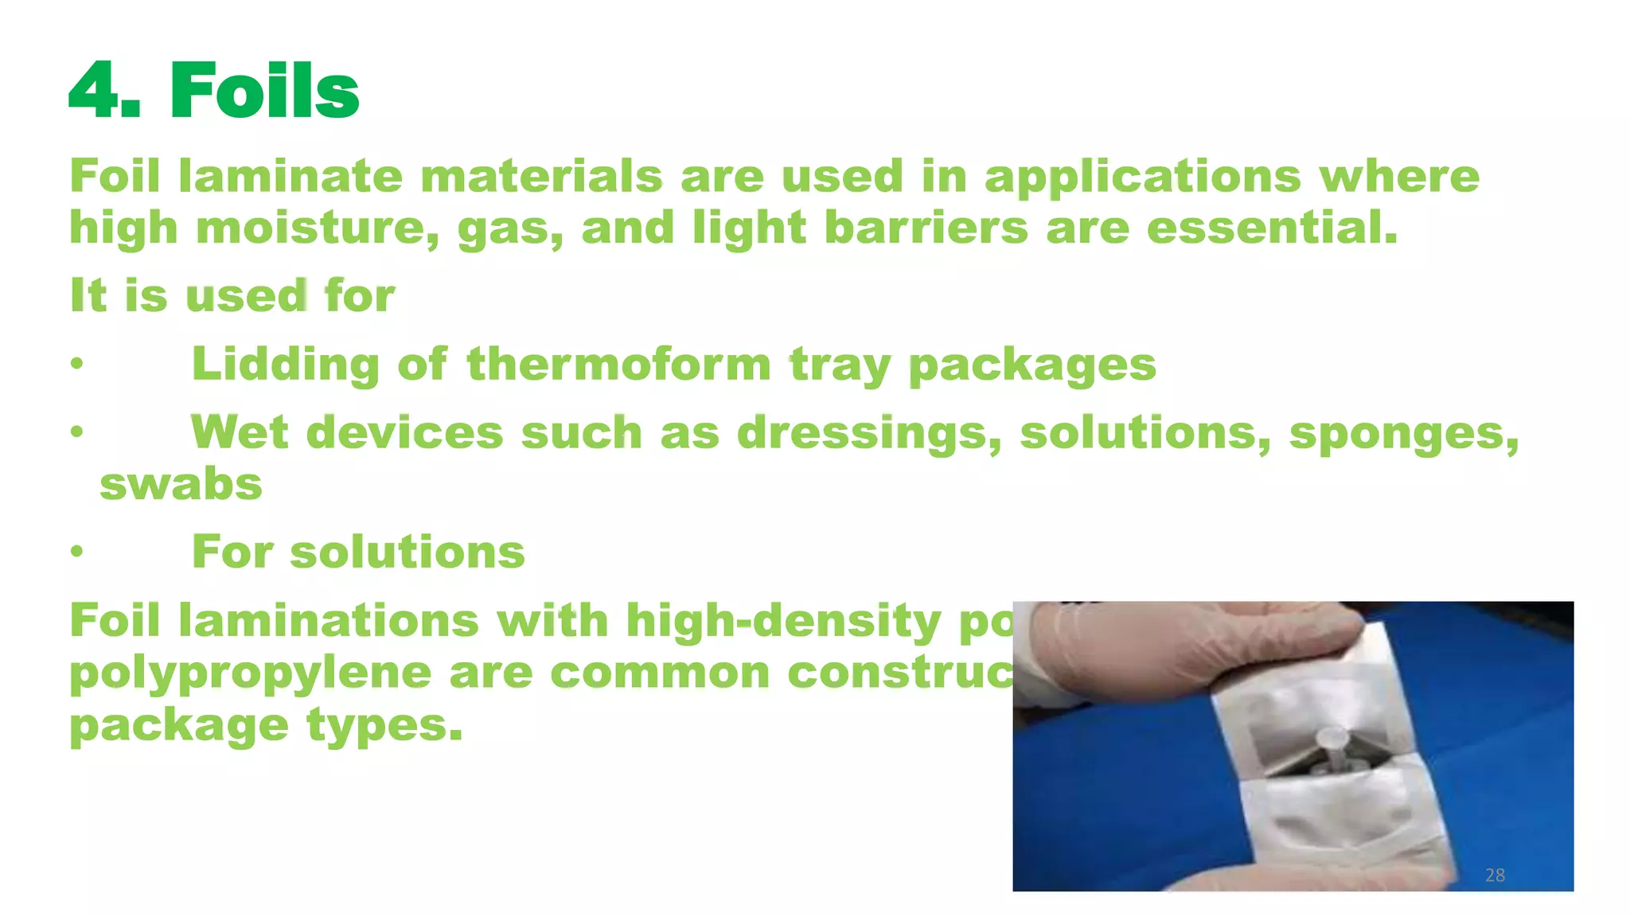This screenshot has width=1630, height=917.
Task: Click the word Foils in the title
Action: pyautogui.click(x=264, y=92)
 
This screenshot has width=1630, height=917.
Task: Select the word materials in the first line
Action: pyautogui.click(x=541, y=176)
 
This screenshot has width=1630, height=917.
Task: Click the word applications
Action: pyautogui.click(x=1143, y=178)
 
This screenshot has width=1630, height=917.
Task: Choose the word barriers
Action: pyautogui.click(x=926, y=228)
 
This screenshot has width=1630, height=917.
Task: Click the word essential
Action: pyautogui.click(x=1271, y=228)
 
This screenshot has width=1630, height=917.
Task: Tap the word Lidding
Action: pyautogui.click(x=286, y=365)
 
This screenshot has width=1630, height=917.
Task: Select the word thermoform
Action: pyautogui.click(x=619, y=365)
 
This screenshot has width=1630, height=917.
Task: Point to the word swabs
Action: pyautogui.click(x=181, y=484)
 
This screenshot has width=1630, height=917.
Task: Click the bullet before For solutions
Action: pyautogui.click(x=76, y=551)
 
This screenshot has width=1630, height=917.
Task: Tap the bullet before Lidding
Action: pyautogui.click(x=76, y=364)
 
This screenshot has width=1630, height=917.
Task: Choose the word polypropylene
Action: pyautogui.click(x=249, y=673)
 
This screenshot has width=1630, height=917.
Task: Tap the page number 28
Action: pyautogui.click(x=1495, y=875)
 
